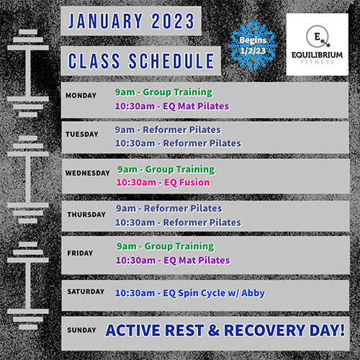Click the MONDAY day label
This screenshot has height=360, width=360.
pos(81,96)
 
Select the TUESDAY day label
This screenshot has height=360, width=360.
pos(82,134)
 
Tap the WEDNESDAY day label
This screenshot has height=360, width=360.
pos(88,173)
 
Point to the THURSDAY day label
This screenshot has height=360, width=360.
pos(86,215)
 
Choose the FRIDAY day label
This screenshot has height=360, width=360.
pos(80,253)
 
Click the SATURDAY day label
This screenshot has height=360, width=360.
pos(86,292)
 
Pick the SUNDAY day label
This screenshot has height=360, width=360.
pos(81,330)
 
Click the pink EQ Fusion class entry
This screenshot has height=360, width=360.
pos(163,183)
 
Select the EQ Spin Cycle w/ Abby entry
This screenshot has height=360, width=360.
pos(190,293)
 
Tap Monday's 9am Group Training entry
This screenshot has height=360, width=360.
pos(163,92)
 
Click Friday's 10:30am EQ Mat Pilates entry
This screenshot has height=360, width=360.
pos(173,261)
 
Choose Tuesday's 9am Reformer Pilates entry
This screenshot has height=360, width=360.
pos(168,130)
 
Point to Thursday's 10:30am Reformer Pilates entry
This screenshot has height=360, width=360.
pos(178,222)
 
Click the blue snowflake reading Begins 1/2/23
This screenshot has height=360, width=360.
pos(253,45)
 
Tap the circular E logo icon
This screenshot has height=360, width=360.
pos(318,37)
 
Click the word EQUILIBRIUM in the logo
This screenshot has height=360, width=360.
pos(317,55)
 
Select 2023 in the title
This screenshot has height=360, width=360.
pos(173,21)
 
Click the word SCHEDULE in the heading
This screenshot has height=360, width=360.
pos(171,61)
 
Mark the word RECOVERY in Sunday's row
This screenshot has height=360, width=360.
pos(264,330)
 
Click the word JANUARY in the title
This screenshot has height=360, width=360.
pos(105,21)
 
